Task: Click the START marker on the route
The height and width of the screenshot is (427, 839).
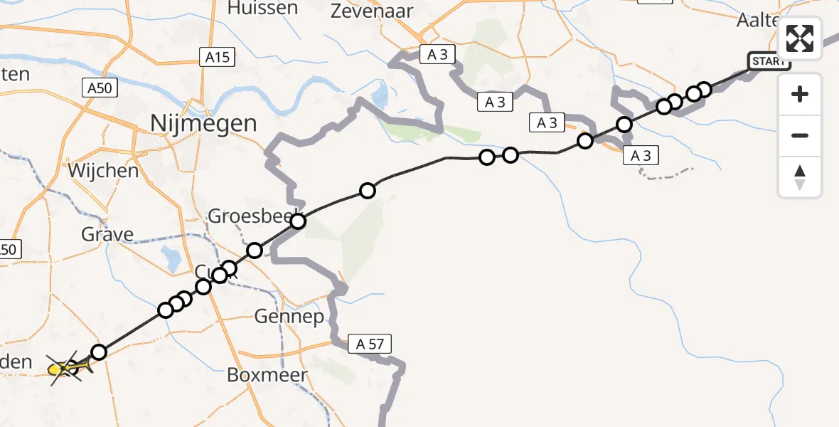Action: click(768, 61)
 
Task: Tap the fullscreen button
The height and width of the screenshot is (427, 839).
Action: click(800, 38)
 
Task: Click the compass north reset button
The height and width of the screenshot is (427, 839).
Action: click(800, 178)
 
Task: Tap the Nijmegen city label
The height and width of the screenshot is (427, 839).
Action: click(203, 123)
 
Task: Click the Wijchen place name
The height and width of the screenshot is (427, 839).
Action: click(103, 171)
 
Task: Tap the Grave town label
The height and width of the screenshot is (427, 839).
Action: click(107, 234)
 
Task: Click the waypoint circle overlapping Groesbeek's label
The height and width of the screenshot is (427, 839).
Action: click(298, 221)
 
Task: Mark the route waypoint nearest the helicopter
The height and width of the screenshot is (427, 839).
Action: click(99, 352)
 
